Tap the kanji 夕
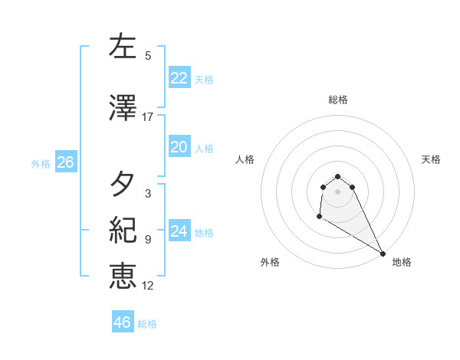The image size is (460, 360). click(123, 185)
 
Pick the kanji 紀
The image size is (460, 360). click(123, 231)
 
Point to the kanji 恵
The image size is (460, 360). click(123, 277)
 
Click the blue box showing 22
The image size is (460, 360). click(179, 78)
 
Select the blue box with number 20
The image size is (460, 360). click(179, 147)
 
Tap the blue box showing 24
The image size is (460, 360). click(179, 231)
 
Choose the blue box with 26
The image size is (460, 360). click(65, 162)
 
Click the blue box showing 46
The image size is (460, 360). click(122, 322)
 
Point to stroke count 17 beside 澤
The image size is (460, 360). click(148, 117)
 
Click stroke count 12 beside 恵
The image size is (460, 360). click(148, 286)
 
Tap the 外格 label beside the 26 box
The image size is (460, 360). click(41, 163)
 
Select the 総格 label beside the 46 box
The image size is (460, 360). click(147, 324)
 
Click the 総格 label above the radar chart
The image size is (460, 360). click(338, 100)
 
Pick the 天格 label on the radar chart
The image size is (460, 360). click(431, 159)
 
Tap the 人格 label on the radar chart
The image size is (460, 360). click(245, 159)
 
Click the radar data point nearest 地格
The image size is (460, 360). click(383, 254)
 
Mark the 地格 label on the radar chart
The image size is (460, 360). click(402, 262)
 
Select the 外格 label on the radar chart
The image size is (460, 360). click(270, 262)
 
